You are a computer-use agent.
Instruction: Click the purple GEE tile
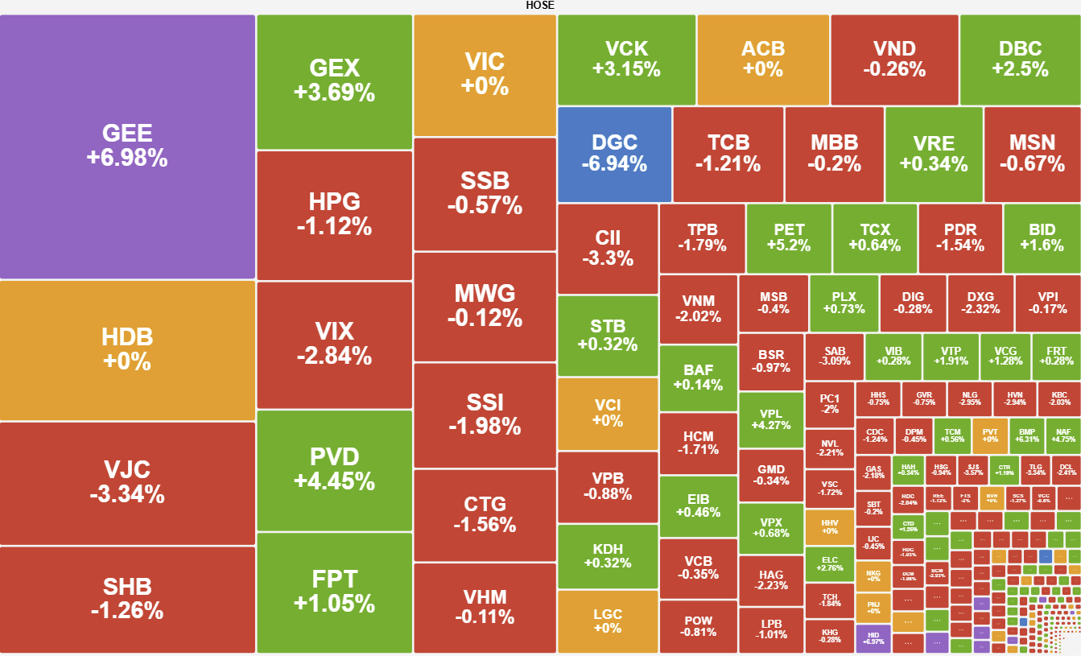[x=127, y=146]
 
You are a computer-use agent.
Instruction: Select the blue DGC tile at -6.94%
[x=614, y=154]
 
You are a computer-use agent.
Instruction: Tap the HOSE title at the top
[x=540, y=6]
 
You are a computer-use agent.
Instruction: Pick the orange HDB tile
[x=127, y=349]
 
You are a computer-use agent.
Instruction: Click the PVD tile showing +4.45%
[x=334, y=469]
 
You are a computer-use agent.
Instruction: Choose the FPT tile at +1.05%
[x=334, y=592]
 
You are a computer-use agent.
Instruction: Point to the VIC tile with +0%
[x=485, y=74]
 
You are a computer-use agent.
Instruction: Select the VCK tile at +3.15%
[x=626, y=59]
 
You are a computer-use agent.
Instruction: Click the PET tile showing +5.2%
[x=789, y=237]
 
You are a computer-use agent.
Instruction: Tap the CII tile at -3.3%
[x=608, y=248]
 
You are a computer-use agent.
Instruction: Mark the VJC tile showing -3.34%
[x=127, y=482]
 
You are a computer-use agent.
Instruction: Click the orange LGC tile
[x=608, y=621]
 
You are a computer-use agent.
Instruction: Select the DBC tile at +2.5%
[x=1020, y=59]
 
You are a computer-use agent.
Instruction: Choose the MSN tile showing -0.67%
[x=1032, y=154]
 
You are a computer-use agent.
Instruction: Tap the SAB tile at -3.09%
[x=835, y=356]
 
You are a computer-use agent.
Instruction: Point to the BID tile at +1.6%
[x=1042, y=237]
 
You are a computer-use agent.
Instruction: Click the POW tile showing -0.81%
[x=698, y=625]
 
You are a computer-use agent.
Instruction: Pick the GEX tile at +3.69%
[x=334, y=80]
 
